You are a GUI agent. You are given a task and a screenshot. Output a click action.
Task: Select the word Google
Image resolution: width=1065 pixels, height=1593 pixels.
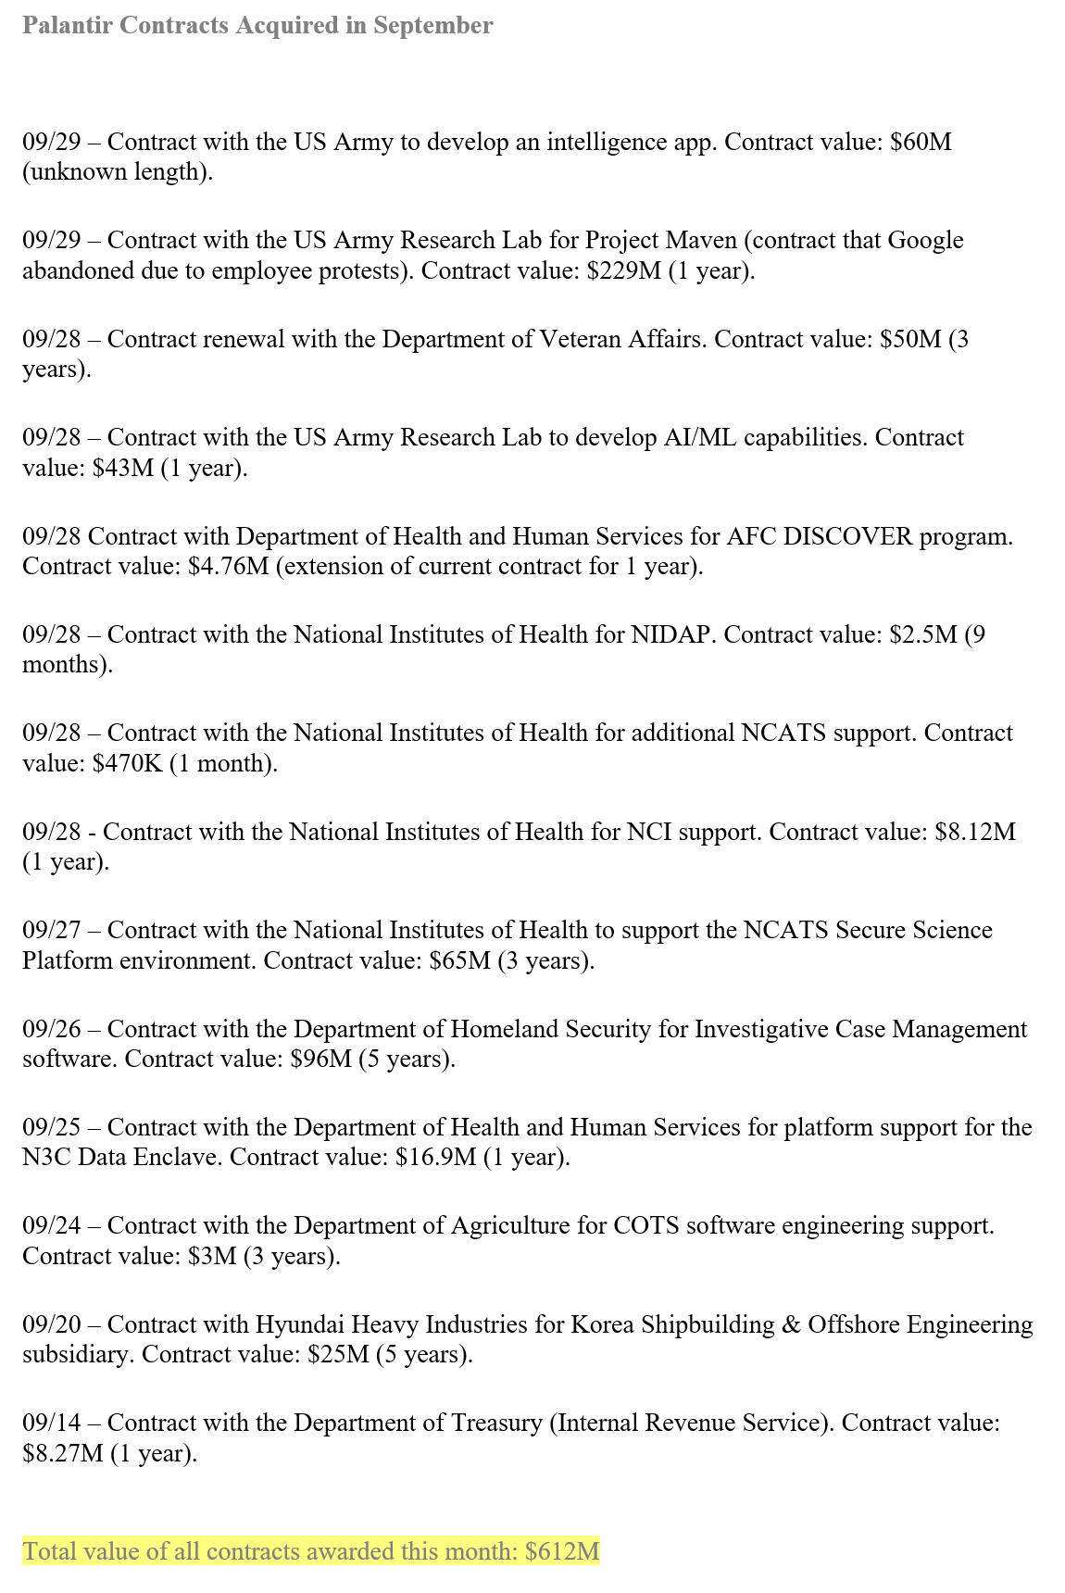click(x=925, y=240)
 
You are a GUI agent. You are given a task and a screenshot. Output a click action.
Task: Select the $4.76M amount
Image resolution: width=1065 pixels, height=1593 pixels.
click(x=228, y=566)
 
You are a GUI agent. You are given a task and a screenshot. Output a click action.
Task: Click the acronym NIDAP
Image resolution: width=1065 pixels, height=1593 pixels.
click(x=672, y=634)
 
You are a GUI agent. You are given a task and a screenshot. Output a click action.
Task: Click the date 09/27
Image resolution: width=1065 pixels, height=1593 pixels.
click(x=52, y=930)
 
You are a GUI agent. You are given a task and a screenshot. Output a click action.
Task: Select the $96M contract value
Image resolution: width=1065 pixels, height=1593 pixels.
click(x=320, y=1059)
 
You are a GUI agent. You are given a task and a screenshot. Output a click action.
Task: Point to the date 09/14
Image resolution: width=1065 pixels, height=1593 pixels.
click(x=52, y=1423)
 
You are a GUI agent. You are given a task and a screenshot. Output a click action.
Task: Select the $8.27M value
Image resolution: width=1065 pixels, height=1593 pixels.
click(x=62, y=1453)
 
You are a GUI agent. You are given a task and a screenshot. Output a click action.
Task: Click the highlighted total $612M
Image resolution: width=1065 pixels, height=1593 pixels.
click(x=562, y=1551)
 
